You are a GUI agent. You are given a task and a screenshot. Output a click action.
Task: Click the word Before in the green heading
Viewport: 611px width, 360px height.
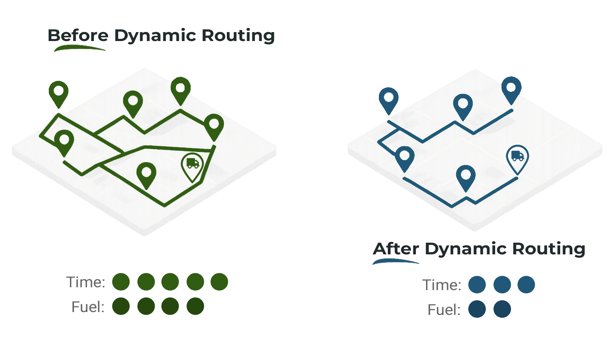click(x=78, y=35)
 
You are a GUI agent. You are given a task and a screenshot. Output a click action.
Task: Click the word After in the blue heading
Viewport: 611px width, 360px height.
click(x=396, y=248)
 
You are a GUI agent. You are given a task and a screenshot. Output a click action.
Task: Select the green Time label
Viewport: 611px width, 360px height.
click(x=86, y=282)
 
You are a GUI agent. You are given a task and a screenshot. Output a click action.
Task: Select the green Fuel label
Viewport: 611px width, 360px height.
click(x=88, y=306)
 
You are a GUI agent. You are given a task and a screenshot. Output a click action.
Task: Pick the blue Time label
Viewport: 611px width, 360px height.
click(x=442, y=285)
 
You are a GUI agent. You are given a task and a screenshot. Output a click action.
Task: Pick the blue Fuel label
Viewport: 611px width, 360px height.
click(x=444, y=310)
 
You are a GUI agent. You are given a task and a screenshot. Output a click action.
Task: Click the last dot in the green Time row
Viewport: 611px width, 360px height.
click(x=220, y=282)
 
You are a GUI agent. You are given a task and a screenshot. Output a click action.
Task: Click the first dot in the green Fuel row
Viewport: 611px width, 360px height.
click(x=121, y=306)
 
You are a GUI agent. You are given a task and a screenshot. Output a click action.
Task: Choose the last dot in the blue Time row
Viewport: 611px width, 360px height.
click(x=526, y=284)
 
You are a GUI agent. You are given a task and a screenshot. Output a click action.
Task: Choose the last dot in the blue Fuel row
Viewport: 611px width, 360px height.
click(x=502, y=309)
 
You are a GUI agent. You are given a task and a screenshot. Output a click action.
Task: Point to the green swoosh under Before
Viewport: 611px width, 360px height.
click(x=79, y=48)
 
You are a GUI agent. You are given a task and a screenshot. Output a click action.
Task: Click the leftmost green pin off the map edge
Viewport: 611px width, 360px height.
click(x=59, y=93)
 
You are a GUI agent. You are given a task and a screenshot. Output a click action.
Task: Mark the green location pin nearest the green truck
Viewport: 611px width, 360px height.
click(x=146, y=174)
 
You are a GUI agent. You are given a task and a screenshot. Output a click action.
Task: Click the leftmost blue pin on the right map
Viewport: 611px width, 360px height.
click(x=389, y=100)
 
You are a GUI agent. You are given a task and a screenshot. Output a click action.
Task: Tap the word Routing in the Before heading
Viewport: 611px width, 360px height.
click(x=238, y=35)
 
